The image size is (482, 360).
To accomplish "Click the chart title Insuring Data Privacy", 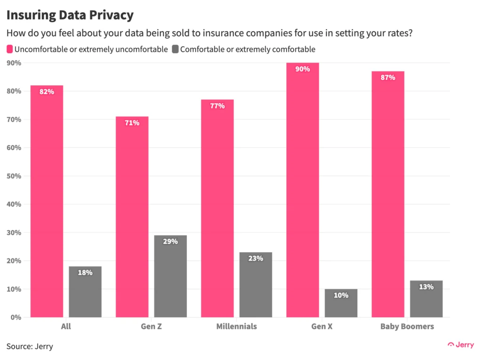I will (x=70, y=15).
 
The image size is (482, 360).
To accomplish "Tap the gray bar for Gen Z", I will (x=170, y=278).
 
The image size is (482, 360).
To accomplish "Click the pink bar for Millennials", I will (x=217, y=212).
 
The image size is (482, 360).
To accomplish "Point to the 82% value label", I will (x=47, y=92).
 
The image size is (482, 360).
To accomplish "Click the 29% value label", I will (x=170, y=241).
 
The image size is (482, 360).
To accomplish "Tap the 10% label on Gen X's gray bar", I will (x=341, y=296).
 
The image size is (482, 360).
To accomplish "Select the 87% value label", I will (x=388, y=78).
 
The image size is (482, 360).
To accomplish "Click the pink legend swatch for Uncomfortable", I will (x=9, y=49).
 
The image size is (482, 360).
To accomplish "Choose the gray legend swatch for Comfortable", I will (x=175, y=49).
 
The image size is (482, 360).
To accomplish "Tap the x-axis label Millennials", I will (x=237, y=326).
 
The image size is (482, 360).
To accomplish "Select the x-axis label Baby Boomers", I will (x=407, y=326).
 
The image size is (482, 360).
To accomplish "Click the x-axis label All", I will (x=66, y=326).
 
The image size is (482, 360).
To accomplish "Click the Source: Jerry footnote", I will (x=30, y=346).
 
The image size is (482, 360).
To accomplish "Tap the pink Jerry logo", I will (x=461, y=345).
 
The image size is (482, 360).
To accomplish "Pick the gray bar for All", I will (x=85, y=292).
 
